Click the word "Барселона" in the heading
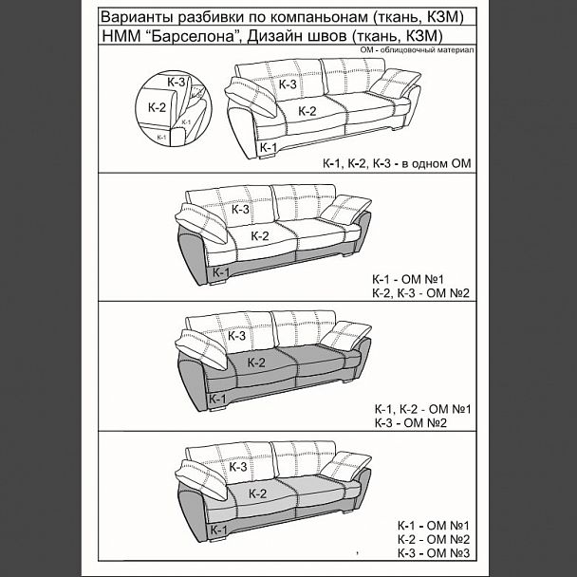click(194, 36)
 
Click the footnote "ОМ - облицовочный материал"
click(418, 50)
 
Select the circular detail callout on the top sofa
click(173, 109)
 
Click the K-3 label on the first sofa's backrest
click(288, 84)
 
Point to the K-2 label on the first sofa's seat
click(307, 111)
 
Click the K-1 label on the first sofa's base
click(269, 147)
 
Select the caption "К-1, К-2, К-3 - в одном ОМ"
click(397, 163)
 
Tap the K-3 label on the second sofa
click(240, 210)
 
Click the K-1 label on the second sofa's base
click(221, 272)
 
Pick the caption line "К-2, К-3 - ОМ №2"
click(421, 293)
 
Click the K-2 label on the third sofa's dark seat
click(256, 363)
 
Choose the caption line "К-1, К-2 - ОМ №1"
click(423, 409)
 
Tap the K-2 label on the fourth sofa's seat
click(257, 493)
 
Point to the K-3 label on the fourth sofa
click(237, 467)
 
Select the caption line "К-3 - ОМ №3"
click(434, 553)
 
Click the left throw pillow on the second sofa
click(201, 223)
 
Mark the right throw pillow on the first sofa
click(395, 84)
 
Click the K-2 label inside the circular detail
click(158, 107)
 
